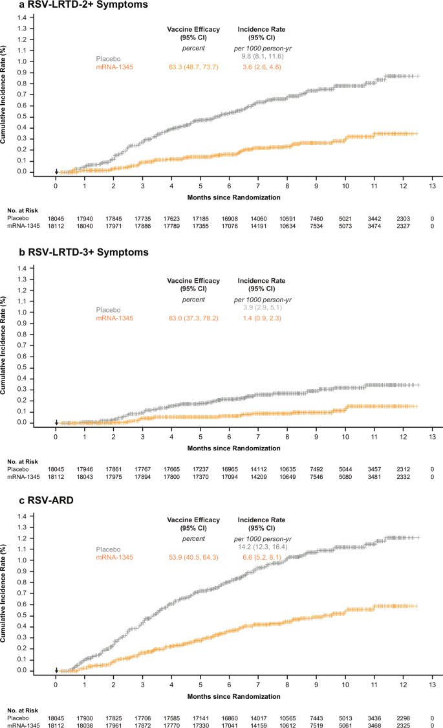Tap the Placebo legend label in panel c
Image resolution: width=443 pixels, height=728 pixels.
pos(109,548)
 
